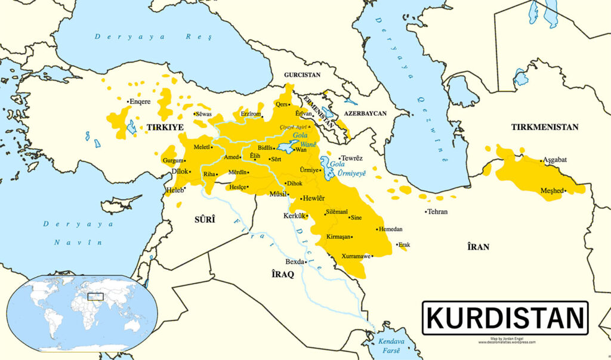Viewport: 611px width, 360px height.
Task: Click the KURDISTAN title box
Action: click(505, 318)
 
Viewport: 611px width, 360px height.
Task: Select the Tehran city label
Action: click(436, 212)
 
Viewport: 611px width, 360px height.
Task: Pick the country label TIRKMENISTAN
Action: click(545, 127)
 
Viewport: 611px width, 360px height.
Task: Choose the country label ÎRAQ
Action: click(283, 274)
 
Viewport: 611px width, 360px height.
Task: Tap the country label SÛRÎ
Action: click(205, 220)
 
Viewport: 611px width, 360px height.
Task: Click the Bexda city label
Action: click(295, 261)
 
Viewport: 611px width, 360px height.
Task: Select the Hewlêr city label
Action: click(314, 198)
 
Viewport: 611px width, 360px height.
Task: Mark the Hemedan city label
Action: click(391, 229)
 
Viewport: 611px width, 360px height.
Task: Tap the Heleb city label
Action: click(175, 190)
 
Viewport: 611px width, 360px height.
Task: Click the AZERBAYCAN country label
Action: click(365, 113)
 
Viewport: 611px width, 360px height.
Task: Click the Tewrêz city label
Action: click(352, 158)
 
